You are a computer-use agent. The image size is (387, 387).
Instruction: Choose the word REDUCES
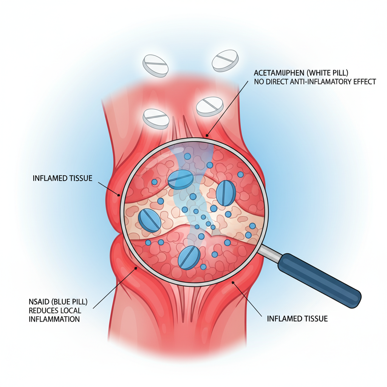pos(43,310)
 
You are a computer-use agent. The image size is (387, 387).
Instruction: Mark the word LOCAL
pos(71,310)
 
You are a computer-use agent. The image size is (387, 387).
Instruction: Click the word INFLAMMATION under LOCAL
pos(54,319)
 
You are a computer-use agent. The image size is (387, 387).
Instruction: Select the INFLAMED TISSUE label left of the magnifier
pos(62,178)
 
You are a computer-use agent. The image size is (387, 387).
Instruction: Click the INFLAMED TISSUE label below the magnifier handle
pos(297,319)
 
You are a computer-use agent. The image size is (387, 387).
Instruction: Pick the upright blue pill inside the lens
pos(226,193)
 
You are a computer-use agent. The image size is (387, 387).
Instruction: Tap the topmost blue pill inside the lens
pos(180,180)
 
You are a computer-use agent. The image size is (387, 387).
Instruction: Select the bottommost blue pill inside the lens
pos(189,257)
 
